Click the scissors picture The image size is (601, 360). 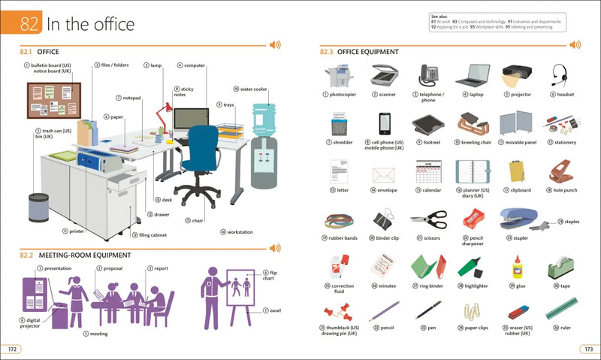coord(428,219)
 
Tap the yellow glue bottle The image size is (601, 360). coord(517,267)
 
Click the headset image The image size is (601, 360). coord(560,74)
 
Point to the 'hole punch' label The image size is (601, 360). coord(564,190)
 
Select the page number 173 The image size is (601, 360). coord(587,349)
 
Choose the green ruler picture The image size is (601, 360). coord(561,308)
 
